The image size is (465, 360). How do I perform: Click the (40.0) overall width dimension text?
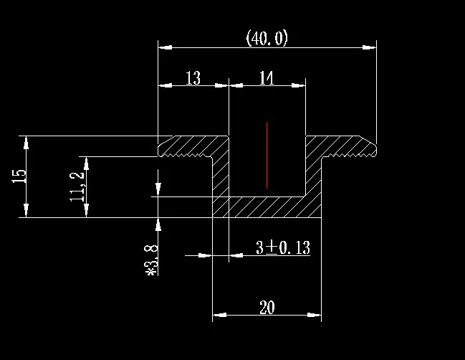coord(267,38)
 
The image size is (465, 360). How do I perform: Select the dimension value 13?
coord(193,78)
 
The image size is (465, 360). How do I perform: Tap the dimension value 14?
coord(267,78)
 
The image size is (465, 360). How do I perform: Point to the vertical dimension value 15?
coord(19,176)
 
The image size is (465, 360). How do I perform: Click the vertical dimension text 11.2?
coord(78,184)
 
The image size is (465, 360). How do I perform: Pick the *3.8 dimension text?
coord(151,260)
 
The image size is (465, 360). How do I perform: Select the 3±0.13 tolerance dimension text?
coord(282,248)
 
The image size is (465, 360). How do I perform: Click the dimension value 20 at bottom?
coord(267,308)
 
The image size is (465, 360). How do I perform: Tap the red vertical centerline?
coord(267,155)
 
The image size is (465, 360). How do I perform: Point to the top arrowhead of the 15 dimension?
coord(27,142)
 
